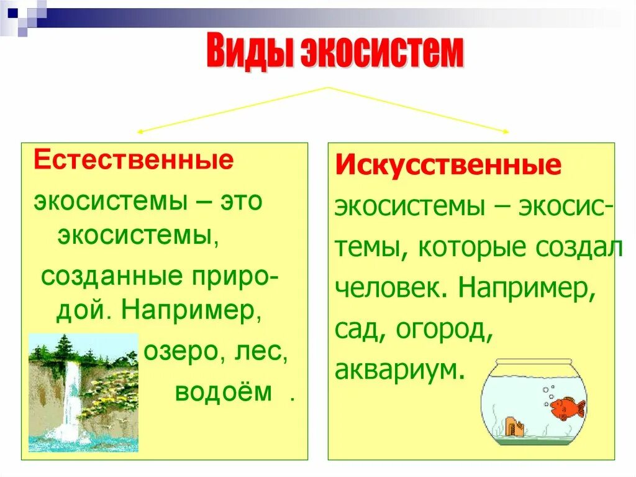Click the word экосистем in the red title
(x=382, y=52)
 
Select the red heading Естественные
(x=134, y=160)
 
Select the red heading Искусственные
(x=448, y=165)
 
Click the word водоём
(x=224, y=392)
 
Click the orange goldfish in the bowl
(x=567, y=407)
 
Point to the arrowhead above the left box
(x=140, y=131)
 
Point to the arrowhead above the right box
(x=506, y=131)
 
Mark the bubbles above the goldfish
(x=548, y=392)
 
